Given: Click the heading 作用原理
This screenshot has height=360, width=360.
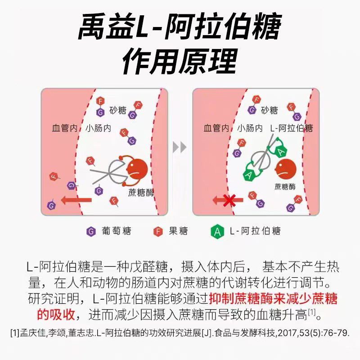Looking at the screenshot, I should point(180,61).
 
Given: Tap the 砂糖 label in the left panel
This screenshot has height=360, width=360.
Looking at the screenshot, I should point(118,110).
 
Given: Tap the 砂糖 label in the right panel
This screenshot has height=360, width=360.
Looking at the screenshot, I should point(270,110).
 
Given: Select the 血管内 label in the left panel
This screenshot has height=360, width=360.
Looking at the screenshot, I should point(64,129).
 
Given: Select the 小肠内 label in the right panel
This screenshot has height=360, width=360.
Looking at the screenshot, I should point(250,129).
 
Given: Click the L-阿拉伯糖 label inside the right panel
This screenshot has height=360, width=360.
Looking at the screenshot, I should point(291,129).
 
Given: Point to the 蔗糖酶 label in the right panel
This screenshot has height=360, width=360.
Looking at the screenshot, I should point(285,186).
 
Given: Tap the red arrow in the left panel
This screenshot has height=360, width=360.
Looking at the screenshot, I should point(76,200).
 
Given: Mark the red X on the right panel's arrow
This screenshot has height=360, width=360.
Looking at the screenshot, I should point(228,200).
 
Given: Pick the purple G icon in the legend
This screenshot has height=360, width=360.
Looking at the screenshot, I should point(91,231).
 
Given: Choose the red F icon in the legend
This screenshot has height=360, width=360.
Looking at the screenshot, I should point(158,231).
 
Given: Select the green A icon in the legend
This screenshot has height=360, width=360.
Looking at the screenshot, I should point(217,231).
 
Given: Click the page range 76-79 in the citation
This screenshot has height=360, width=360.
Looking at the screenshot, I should point(335,333).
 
